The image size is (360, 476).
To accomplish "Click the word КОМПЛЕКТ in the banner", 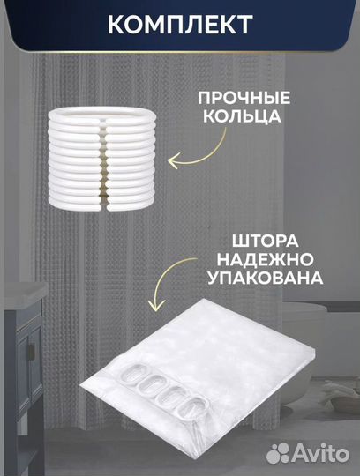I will [180, 24].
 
